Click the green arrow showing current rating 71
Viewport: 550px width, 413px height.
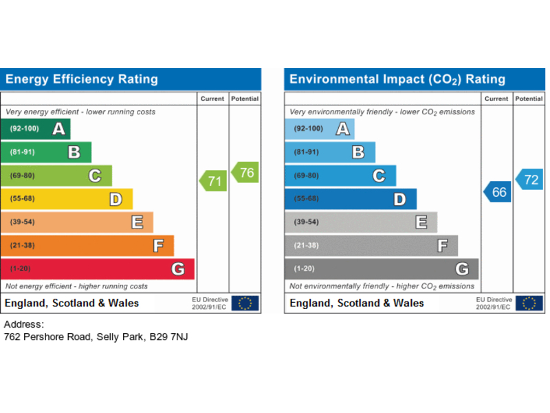click(213, 181)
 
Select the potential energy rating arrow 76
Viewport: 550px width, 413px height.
click(245, 172)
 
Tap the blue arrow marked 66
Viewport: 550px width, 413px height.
click(497, 192)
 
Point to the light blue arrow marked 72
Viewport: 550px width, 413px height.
click(529, 179)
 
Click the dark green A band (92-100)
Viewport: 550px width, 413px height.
click(36, 129)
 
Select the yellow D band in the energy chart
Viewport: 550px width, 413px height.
click(67, 199)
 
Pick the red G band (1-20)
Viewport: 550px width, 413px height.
click(98, 269)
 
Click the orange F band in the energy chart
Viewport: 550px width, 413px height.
click(87, 246)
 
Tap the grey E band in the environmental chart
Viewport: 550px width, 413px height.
click(361, 222)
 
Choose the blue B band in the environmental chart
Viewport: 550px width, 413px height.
click(330, 152)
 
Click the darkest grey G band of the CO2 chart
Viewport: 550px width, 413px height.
click(382, 269)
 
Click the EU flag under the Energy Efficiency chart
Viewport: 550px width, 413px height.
click(245, 304)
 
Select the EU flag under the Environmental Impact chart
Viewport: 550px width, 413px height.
click(529, 304)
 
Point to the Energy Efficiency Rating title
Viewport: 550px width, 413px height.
click(82, 79)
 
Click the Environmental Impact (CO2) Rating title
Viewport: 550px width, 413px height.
click(397, 79)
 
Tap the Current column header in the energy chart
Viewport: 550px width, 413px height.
click(212, 99)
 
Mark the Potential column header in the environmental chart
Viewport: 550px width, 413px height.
click(529, 99)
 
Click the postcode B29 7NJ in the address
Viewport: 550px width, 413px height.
click(168, 337)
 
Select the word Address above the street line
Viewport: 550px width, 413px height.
click(24, 324)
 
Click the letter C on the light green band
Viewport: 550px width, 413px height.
click(95, 176)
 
